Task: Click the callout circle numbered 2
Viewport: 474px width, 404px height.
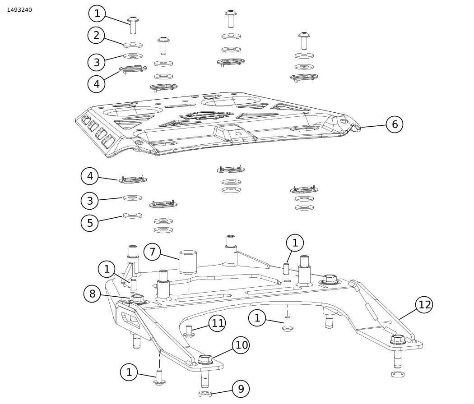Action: [96, 35]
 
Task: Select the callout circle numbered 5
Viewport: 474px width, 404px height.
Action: [89, 223]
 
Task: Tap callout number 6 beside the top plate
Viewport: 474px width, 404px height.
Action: [394, 124]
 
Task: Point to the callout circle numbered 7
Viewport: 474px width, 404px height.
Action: [152, 252]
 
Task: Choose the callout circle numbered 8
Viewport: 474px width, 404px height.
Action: [92, 294]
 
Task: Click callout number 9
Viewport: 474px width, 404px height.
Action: [241, 389]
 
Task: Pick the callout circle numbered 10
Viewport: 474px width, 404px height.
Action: [241, 345]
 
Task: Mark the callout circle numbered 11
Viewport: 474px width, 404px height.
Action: [217, 323]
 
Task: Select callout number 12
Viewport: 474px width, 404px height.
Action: [424, 305]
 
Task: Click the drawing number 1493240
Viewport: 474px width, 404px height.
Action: [19, 10]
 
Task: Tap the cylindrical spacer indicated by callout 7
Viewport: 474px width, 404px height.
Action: [188, 262]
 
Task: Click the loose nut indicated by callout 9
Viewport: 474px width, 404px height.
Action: [205, 394]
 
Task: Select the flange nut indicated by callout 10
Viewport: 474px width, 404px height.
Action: [205, 360]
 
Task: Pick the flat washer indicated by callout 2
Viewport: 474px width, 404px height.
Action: [133, 45]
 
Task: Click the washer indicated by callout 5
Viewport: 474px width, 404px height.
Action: [132, 216]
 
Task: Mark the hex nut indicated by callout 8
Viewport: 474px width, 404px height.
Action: [138, 299]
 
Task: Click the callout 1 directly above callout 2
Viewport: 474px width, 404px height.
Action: [97, 14]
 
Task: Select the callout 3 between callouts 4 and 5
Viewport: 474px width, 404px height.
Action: [89, 201]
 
